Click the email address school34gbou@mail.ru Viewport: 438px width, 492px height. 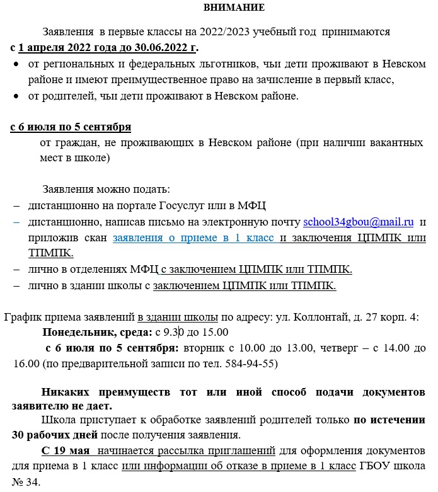click(x=358, y=222)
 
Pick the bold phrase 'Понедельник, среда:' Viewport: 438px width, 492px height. click(x=97, y=332)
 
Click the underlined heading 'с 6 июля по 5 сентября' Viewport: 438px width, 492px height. click(x=71, y=127)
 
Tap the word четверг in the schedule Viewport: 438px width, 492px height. click(x=342, y=348)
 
